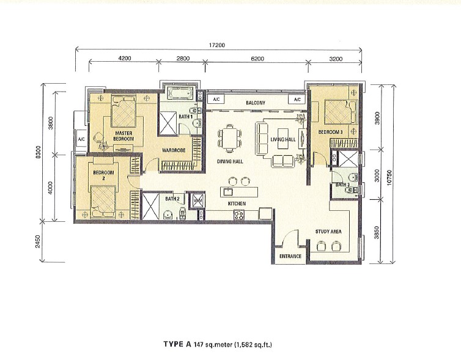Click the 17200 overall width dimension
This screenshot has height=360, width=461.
tap(217, 45)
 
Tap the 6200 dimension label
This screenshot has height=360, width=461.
tap(257, 59)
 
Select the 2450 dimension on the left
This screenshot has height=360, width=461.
tap(38, 241)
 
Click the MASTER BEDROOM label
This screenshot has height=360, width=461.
tap(124, 136)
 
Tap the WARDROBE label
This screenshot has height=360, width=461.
tap(174, 150)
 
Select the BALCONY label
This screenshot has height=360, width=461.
tap(256, 103)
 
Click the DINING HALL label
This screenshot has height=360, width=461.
tap(230, 161)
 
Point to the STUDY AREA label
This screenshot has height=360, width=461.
tap(328, 232)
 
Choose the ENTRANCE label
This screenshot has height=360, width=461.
tap(290, 256)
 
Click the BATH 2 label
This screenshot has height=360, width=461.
tap(172, 199)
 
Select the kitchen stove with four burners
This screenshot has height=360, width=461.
tap(238, 215)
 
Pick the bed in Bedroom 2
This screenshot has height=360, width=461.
tap(102, 202)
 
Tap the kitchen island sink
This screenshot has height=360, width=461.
tap(228, 192)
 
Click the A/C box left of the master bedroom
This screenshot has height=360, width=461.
tap(81, 139)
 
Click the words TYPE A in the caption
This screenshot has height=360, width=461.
tap(177, 344)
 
